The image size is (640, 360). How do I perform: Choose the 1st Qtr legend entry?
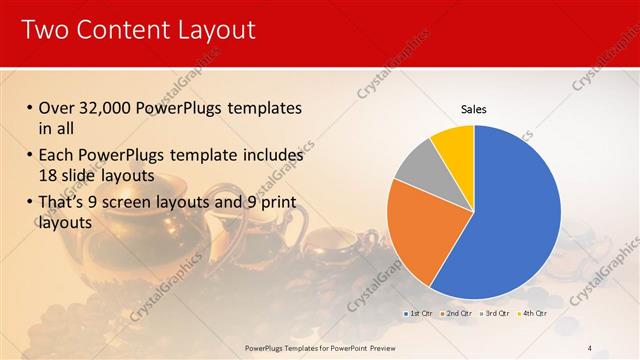coord(421,314)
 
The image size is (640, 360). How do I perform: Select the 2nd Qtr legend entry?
coord(459,314)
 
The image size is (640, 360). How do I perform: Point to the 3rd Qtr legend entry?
coord(497,314)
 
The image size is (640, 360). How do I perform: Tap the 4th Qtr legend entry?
coord(534,314)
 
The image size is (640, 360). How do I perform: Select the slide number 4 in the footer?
coord(589,348)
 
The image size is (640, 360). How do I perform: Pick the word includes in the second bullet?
coord(271,156)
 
